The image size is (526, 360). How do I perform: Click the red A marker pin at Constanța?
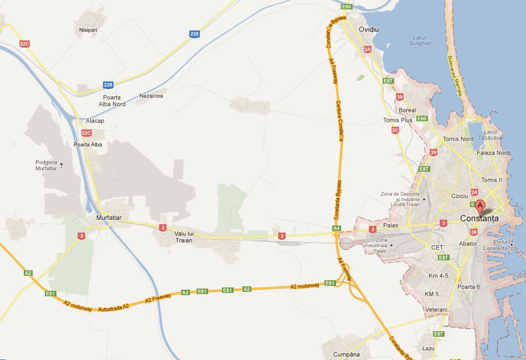click(x=480, y=207)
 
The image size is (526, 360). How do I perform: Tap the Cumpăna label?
click(x=347, y=354)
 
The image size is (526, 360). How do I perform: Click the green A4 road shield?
click(x=336, y=228)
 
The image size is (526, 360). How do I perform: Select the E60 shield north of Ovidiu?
click(x=347, y=7)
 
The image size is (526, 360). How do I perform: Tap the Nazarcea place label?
click(x=151, y=96)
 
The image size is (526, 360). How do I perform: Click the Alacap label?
click(x=95, y=121)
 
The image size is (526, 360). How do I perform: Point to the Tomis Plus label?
click(x=398, y=120)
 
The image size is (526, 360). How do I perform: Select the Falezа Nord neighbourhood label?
click(x=496, y=153)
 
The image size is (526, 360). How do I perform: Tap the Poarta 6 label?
click(x=468, y=286)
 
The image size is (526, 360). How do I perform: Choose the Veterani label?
click(x=436, y=309)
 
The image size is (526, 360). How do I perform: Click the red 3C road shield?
click(x=395, y=130)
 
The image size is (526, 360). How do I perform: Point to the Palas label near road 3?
click(x=390, y=225)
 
